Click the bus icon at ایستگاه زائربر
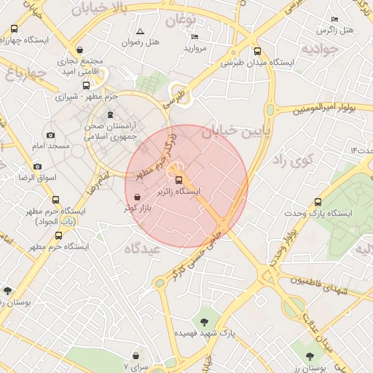179,179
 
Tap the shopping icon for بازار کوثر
138,197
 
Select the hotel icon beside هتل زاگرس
334,19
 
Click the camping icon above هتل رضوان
140,31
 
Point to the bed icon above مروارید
194,36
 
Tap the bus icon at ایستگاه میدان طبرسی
257,51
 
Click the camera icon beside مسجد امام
50,135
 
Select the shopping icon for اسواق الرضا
22,166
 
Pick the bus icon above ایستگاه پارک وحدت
316,201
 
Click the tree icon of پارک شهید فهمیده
204,321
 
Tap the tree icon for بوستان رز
310,356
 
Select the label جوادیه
321,50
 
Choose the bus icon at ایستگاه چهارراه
15,28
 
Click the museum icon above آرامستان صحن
110,114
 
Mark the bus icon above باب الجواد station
56,200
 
